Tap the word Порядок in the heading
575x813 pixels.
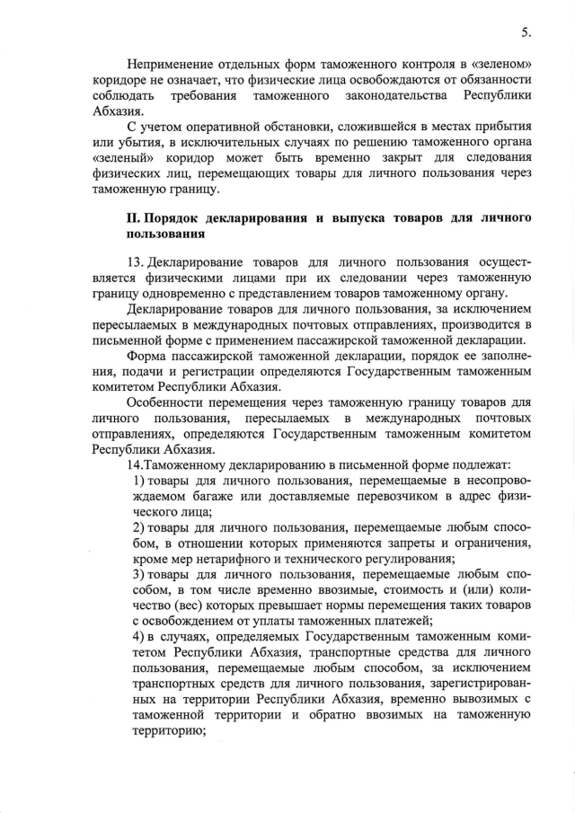(x=175, y=219)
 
